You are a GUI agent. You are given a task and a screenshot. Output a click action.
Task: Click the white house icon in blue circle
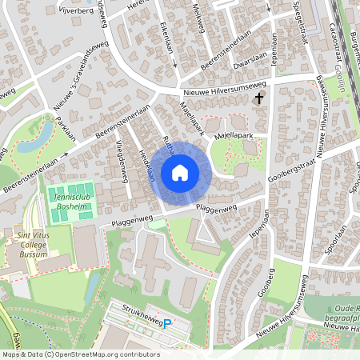point(180,172)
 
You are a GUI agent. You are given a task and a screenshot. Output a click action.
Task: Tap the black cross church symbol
point(259,99)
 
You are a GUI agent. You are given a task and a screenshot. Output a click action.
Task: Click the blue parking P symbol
point(167,324)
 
